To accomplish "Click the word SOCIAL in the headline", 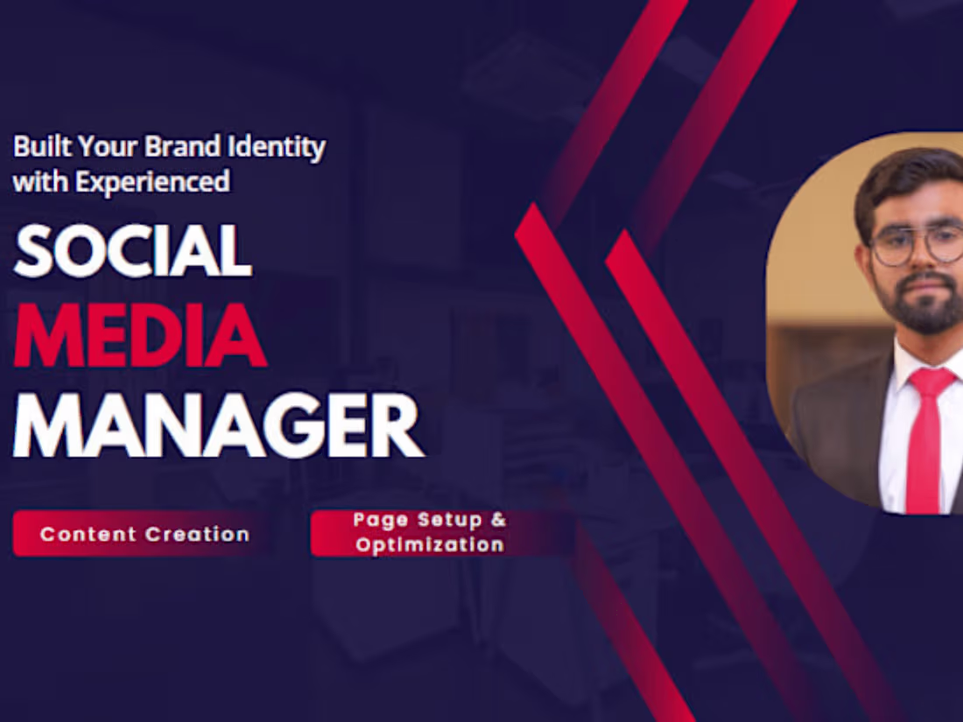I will [x=133, y=251].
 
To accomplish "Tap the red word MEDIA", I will [x=140, y=337].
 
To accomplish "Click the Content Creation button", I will [x=144, y=534].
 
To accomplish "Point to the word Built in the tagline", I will [x=38, y=146].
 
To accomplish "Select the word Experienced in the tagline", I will [x=152, y=182].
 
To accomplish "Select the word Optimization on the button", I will [x=430, y=545].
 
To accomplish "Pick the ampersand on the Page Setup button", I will [x=497, y=520].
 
